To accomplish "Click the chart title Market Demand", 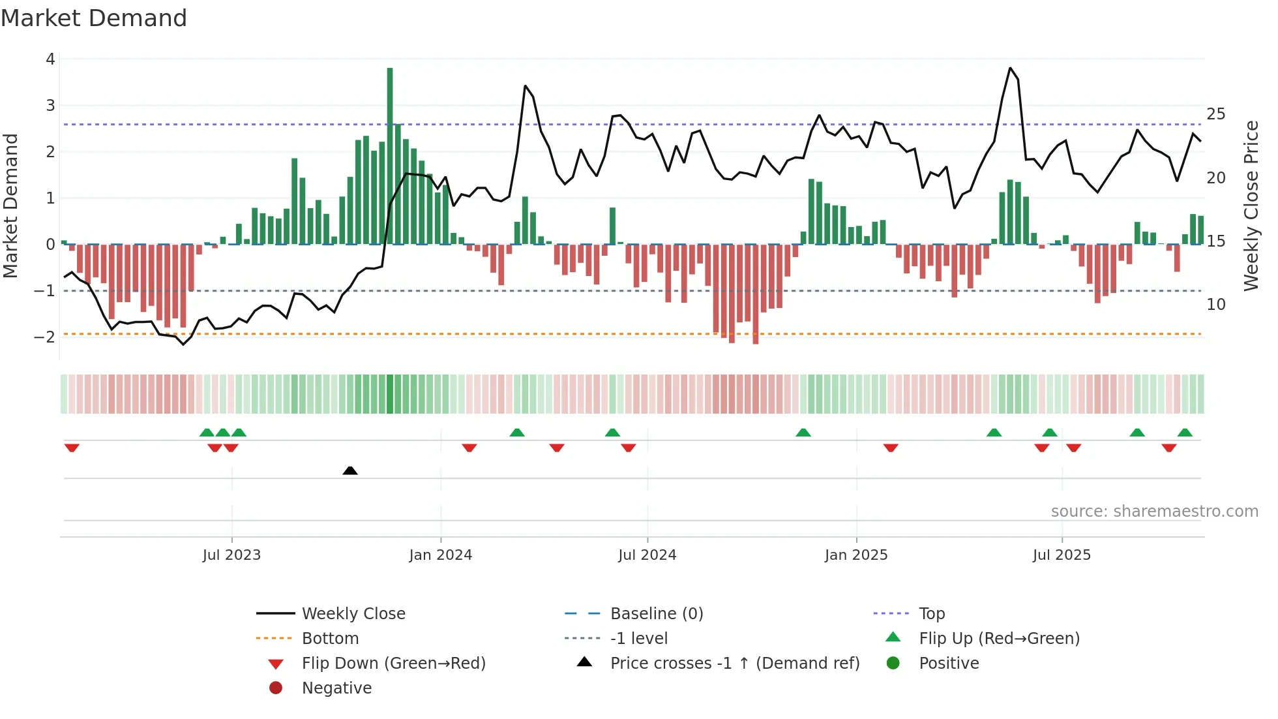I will point(94,18).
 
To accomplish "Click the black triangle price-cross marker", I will point(350,470).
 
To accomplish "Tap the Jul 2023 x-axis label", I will point(231,555).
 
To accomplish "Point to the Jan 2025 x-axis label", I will point(856,555).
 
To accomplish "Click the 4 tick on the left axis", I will point(50,59).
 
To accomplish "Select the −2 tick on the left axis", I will point(46,337).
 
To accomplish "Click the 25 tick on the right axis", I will point(1216,114).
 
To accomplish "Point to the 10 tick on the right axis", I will point(1216,305).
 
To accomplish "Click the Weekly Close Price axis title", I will point(1251,206).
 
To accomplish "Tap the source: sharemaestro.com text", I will point(1154,512).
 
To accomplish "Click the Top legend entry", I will point(932,614).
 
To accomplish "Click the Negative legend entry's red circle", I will point(276,688).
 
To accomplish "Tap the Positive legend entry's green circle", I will point(893,664).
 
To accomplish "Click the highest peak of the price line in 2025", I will point(1010,68).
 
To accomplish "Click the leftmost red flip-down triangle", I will point(72,448).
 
